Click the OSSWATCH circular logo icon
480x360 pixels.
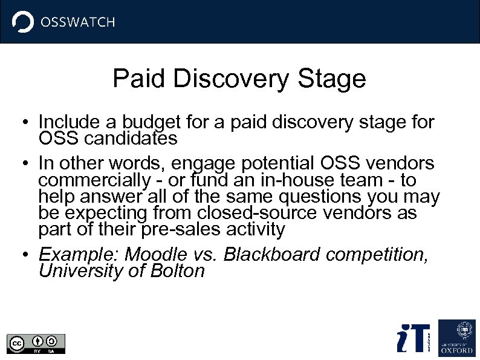[x=23, y=22]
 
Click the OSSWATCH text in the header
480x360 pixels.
[x=77, y=23]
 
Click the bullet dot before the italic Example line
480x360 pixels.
[x=21, y=255]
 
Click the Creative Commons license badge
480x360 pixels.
[x=36, y=343]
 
